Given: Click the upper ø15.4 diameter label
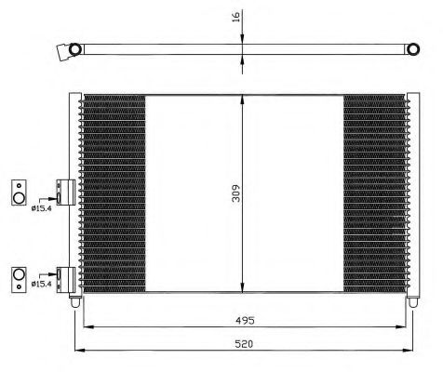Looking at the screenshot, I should pos(40,206).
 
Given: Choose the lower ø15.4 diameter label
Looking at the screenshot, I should pos(40,283).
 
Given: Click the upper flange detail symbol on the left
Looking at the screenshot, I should pos(18,191).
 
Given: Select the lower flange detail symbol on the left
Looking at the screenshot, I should pos(18,275).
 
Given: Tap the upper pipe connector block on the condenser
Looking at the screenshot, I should pos(64,191).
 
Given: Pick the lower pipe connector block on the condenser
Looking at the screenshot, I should pos(64,276).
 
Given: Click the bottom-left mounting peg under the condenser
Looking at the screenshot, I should pos(75,301).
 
